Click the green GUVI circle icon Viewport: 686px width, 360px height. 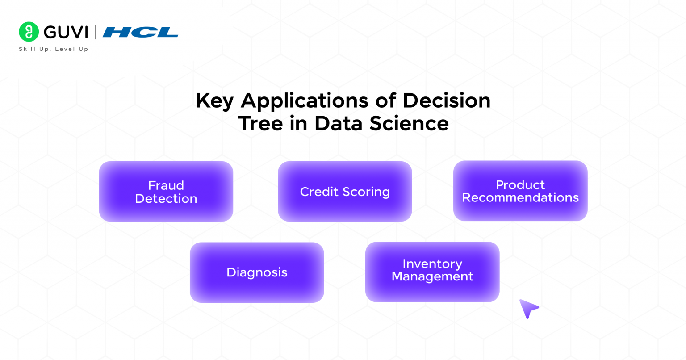click(x=29, y=32)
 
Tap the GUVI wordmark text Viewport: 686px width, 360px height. click(x=66, y=32)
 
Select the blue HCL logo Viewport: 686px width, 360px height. click(x=140, y=32)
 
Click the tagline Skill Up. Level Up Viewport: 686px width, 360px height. click(x=53, y=49)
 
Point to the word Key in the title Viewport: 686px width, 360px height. click(x=214, y=101)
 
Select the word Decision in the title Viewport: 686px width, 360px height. click(x=446, y=100)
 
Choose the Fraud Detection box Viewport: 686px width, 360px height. click(x=166, y=192)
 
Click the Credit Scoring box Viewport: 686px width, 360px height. click(x=345, y=192)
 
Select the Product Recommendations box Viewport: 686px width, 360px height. click(x=520, y=191)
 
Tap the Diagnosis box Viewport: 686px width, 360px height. click(x=257, y=272)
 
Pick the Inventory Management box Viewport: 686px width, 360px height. click(x=432, y=272)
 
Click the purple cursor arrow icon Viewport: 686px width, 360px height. click(x=528, y=308)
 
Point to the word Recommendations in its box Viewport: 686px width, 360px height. click(x=520, y=197)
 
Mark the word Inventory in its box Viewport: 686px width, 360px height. click(x=432, y=264)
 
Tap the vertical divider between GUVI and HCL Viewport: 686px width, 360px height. click(x=96, y=32)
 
